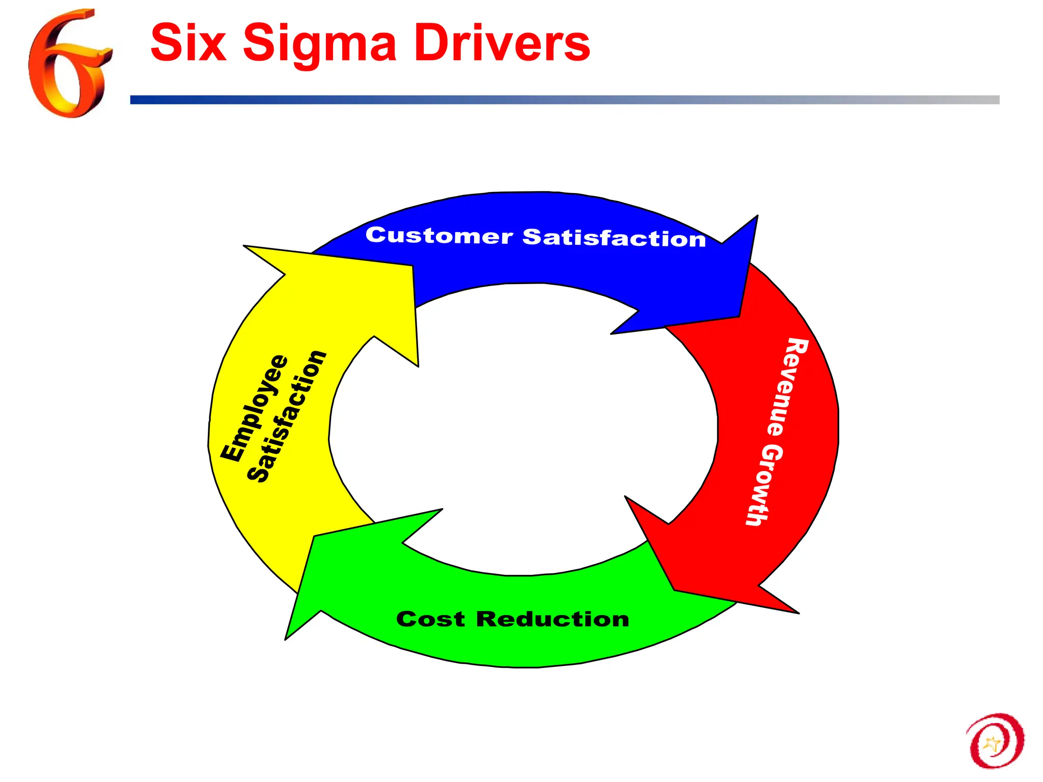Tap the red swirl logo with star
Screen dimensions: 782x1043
[x=995, y=741]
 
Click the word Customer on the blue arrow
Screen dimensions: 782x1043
[x=439, y=236]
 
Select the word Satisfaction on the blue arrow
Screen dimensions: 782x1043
[x=614, y=238]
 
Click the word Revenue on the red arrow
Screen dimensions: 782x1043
[x=784, y=387]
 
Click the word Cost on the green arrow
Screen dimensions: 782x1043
[x=430, y=620]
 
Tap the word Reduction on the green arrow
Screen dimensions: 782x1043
[x=553, y=620]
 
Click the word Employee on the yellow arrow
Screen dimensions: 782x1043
[x=255, y=407]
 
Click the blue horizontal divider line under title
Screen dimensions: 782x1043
[x=560, y=100]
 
